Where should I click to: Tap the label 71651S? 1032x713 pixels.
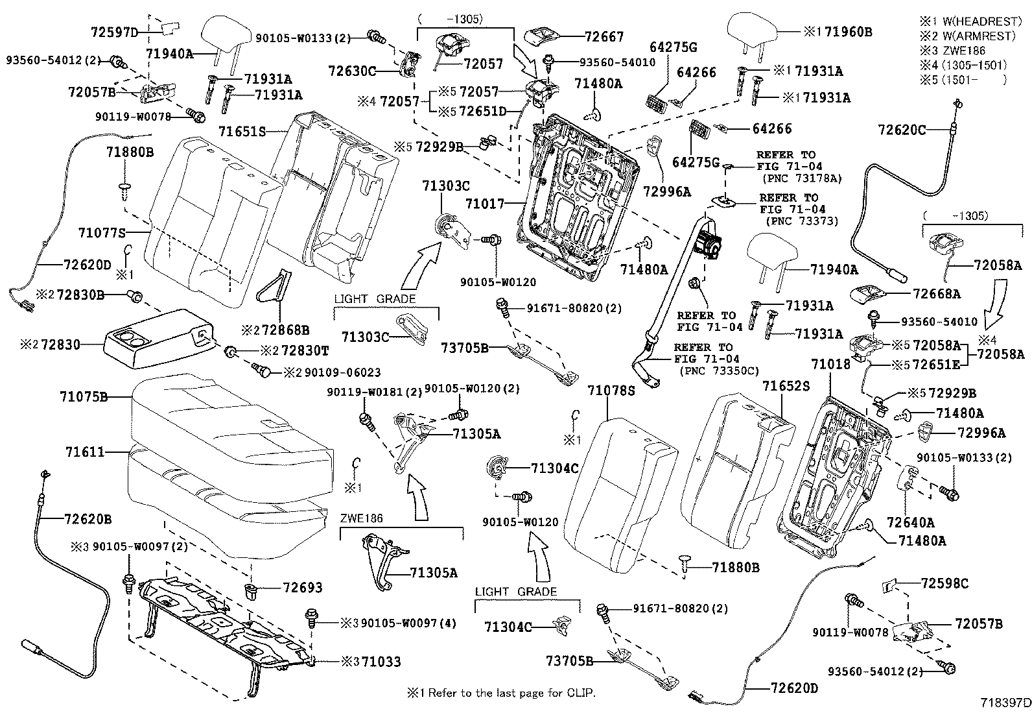point(242,131)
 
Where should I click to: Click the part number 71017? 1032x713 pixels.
point(484,204)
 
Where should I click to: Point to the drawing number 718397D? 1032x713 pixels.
point(1004,703)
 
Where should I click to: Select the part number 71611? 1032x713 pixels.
point(85,452)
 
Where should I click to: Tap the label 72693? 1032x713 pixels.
point(302,587)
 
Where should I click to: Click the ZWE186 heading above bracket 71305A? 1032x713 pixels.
point(362,518)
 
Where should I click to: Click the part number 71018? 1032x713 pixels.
point(830,365)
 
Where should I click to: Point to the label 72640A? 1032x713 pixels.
point(911,522)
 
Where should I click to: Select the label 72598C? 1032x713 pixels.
point(944,584)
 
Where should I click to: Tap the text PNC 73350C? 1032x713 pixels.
point(719,370)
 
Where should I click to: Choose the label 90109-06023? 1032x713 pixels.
point(331,372)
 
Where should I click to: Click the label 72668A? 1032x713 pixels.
point(936,294)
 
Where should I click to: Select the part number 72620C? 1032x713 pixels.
point(902,130)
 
